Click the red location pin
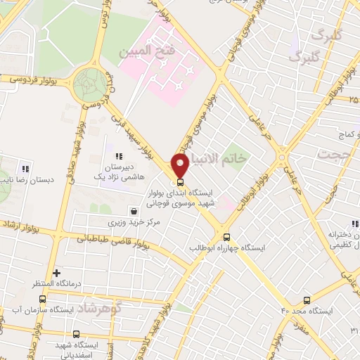coord(181,165)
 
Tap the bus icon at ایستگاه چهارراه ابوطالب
coord(226,237)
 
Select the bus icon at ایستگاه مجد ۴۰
coord(307,299)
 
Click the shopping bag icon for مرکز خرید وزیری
coord(134,210)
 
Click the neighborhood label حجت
coord(335,154)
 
